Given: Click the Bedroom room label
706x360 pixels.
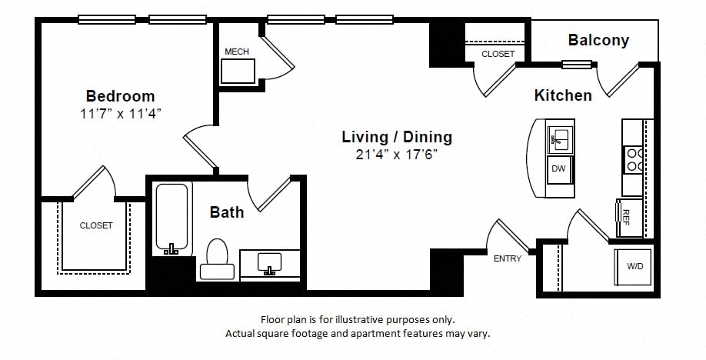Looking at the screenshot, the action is tap(120, 96).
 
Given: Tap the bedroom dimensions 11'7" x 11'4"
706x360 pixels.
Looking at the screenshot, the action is tap(121, 114).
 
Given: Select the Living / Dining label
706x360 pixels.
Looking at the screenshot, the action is tap(397, 137).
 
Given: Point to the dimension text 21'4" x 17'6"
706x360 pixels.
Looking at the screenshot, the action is tap(397, 155).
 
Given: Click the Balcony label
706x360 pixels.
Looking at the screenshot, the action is tap(598, 40).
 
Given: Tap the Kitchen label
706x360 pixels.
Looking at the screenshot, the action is tap(563, 95).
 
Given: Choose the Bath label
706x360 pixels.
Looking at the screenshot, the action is tap(227, 212).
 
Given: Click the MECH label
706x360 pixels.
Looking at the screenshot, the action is tap(237, 52).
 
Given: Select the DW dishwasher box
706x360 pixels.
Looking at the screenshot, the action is tap(560, 169).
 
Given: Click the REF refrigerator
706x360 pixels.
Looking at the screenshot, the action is tap(629, 218).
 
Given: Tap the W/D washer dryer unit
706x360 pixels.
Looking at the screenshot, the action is tap(633, 267).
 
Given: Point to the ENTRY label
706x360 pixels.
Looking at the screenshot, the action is tap(508, 258).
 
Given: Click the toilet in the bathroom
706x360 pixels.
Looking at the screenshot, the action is tap(217, 259).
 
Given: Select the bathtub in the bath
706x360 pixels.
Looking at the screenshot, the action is tap(172, 218).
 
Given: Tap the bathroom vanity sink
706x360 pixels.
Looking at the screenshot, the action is tap(270, 263).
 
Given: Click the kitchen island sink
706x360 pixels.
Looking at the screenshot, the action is tap(560, 138).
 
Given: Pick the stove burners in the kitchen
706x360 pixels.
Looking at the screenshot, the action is tap(634, 159).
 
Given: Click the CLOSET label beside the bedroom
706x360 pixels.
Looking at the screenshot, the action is tap(96, 225).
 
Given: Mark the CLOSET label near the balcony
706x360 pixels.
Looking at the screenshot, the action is tap(498, 54).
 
